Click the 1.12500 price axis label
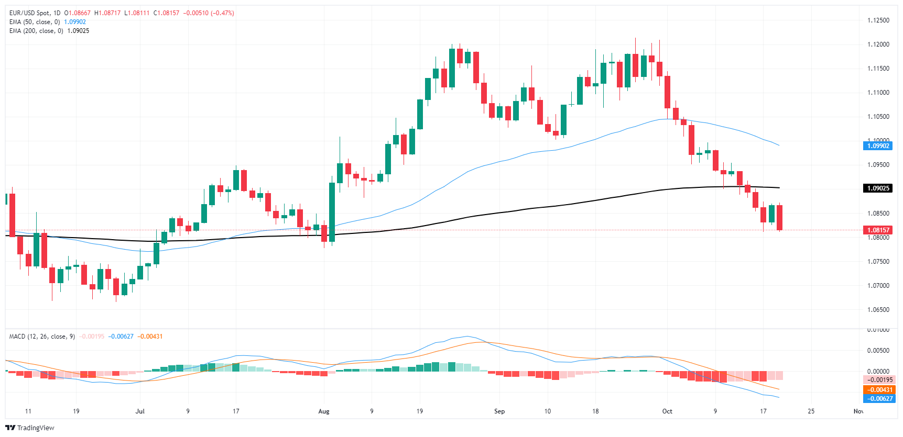point(878,20)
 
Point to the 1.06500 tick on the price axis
point(878,310)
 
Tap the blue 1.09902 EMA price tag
point(877,146)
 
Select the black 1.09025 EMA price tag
point(877,188)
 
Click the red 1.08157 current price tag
point(877,230)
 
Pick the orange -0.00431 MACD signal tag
point(879,390)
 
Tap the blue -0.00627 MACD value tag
point(879,399)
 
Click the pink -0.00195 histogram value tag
point(879,380)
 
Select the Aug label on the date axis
point(324,411)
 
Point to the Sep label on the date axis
point(499,411)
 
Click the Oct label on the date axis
point(667,411)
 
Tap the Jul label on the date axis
point(140,411)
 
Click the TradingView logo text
point(35,428)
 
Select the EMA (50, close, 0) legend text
point(35,22)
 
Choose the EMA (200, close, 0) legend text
point(36,31)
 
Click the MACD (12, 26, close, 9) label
point(42,337)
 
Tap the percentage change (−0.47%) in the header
point(222,13)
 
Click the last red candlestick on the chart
point(780,217)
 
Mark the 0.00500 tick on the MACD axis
point(878,351)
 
